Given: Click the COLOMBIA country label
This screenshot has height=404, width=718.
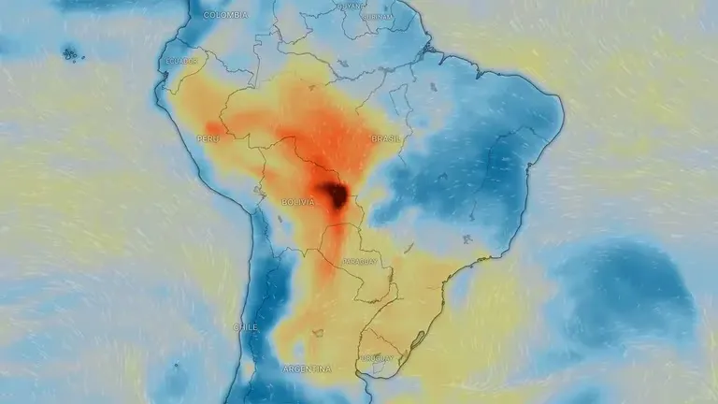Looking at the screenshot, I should [x=226, y=15].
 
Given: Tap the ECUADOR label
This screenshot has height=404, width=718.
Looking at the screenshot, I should [x=181, y=62].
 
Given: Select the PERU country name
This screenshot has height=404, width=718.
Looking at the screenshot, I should [x=208, y=138].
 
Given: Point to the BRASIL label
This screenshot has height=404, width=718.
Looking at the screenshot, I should [x=386, y=138].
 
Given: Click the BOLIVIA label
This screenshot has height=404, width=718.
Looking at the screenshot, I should [x=298, y=201].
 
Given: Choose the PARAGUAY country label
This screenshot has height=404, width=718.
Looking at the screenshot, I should [x=361, y=262].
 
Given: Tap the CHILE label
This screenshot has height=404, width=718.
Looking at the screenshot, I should [x=245, y=326].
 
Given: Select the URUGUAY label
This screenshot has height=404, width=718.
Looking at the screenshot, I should [x=378, y=356].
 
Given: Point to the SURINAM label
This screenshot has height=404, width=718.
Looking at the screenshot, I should [x=380, y=16].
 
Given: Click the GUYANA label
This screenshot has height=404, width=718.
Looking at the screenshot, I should [x=350, y=6].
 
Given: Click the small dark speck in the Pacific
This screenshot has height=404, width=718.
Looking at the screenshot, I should [x=71, y=53].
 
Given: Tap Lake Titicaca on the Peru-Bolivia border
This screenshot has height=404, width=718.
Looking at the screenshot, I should [x=256, y=189].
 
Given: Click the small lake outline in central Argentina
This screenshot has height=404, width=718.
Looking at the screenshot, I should [x=319, y=332].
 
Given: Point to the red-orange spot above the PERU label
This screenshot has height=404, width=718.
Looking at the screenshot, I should [x=214, y=127].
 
